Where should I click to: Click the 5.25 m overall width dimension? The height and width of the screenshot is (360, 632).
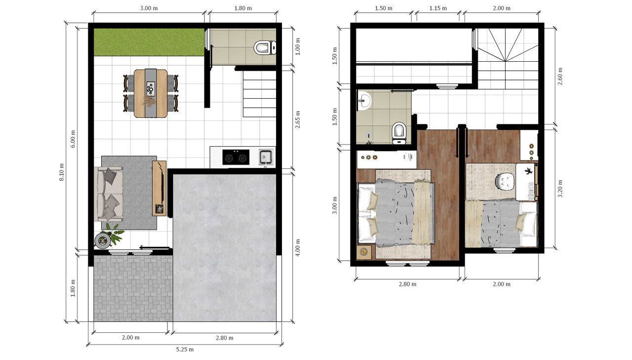click(x=185, y=350)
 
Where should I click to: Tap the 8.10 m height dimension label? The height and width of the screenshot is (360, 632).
click(x=62, y=172)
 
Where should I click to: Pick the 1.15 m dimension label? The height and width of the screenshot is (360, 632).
click(x=438, y=8)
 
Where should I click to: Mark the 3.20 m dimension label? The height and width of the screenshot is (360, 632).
click(x=560, y=189)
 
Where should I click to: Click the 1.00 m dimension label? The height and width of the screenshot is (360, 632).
click(x=297, y=47)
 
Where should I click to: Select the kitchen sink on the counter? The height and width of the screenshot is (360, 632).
click(x=266, y=157)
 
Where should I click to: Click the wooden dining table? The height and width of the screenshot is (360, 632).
click(x=151, y=93)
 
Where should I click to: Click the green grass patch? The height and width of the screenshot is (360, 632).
click(x=149, y=42)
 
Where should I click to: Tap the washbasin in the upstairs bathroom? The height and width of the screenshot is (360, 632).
click(x=364, y=101)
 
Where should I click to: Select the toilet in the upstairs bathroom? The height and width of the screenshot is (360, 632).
click(x=399, y=132)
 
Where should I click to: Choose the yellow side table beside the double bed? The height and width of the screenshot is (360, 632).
click(x=364, y=252)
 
